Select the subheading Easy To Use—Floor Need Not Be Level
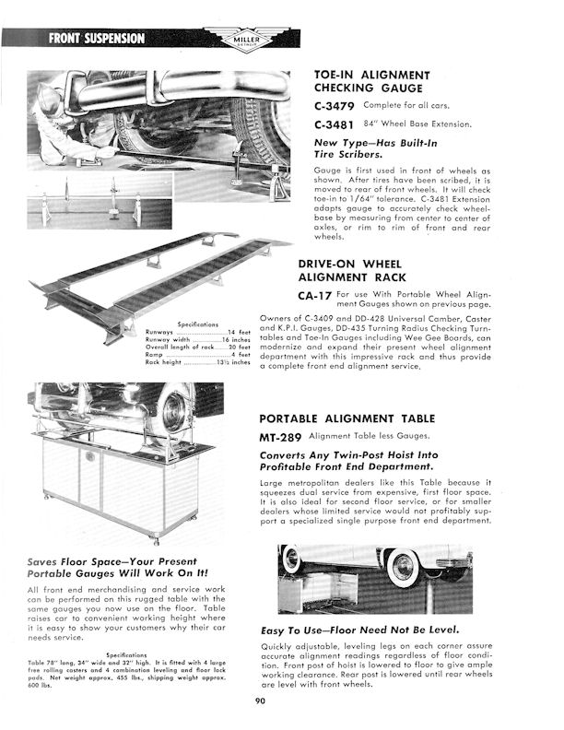coord(372,630)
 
